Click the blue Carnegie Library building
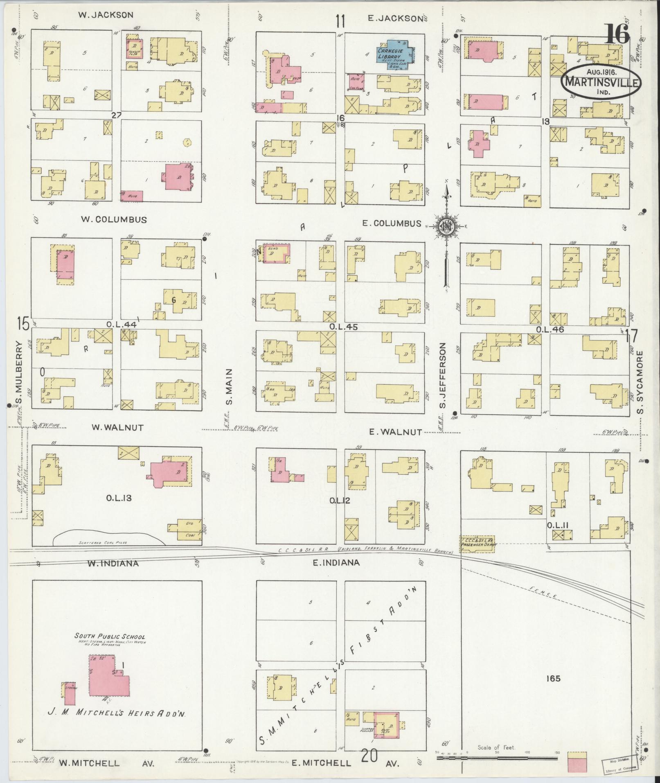pyautogui.click(x=395, y=52)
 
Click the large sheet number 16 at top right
pyautogui.click(x=617, y=34)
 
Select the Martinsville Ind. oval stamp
pyautogui.click(x=601, y=81)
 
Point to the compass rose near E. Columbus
pyautogui.click(x=447, y=226)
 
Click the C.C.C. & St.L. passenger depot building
pyautogui.click(x=478, y=544)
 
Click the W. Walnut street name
pyautogui.click(x=117, y=427)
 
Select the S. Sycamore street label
pyautogui.click(x=640, y=382)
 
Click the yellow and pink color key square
pyautogui.click(x=577, y=761)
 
